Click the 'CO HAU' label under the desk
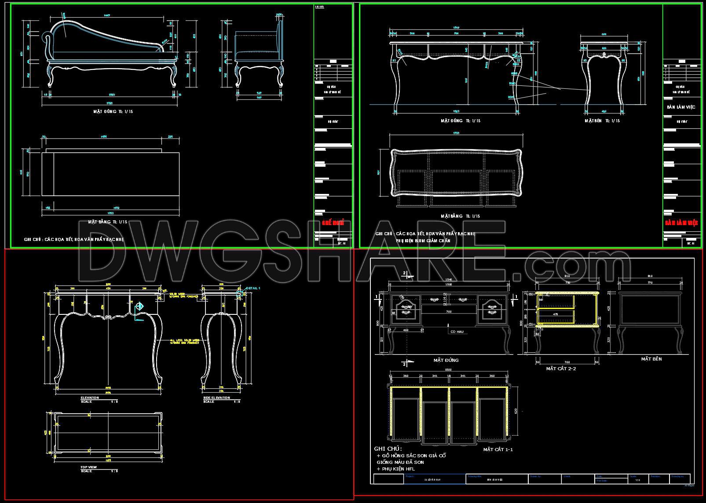click(457, 332)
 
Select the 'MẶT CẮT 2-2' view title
click(561, 368)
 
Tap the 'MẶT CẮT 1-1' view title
click(498, 449)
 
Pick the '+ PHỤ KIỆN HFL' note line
click(396, 469)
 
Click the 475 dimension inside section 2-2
click(556, 314)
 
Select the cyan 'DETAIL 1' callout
click(253, 288)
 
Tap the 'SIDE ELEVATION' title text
click(217, 397)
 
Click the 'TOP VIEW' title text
click(88, 467)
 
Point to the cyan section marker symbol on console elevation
click(139, 306)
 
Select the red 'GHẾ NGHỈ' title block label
click(333, 223)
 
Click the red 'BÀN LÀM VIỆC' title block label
click(681, 223)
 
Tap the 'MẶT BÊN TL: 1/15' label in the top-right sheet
click(602, 120)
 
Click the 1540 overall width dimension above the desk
click(449, 280)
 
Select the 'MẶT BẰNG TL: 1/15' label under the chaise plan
click(107, 222)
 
